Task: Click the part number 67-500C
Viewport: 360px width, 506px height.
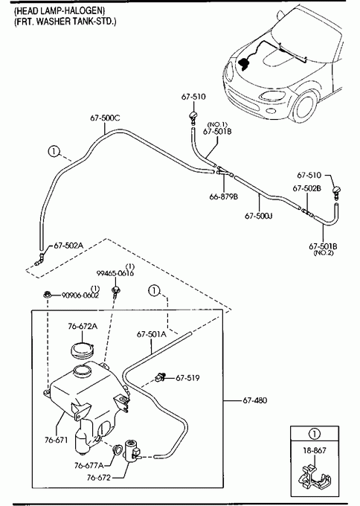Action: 105,118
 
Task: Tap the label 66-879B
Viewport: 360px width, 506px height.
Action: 224,196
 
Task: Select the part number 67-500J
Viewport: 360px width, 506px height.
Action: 259,216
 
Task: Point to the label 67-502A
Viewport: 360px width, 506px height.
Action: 68,246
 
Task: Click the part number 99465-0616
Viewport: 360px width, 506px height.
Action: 115,273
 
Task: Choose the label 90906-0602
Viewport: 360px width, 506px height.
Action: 80,295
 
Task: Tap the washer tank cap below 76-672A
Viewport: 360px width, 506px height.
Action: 83,350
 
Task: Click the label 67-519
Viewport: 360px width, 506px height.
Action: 187,377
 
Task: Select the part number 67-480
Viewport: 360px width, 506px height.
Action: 255,400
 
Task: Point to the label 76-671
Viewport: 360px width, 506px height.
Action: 56,440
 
